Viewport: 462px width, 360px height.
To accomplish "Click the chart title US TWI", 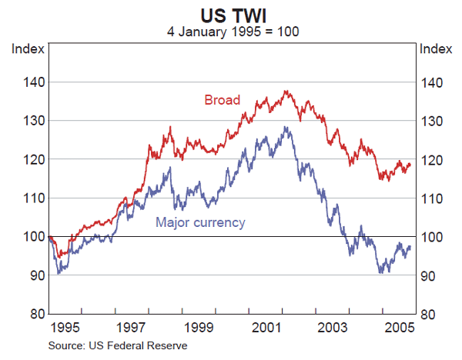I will (x=232, y=15).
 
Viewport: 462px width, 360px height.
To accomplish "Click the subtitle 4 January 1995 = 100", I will (x=232, y=32).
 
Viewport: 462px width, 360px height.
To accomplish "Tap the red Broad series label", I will (x=222, y=100).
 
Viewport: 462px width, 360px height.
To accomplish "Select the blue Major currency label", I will (x=200, y=223).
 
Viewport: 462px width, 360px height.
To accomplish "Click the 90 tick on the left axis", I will (x=30, y=276).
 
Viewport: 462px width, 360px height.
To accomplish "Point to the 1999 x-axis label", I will (x=199, y=328).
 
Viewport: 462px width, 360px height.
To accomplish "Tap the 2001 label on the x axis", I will (x=266, y=328).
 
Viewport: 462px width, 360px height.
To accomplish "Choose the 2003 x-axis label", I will (x=333, y=328).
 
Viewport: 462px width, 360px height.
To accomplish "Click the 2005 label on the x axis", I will (x=400, y=328).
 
